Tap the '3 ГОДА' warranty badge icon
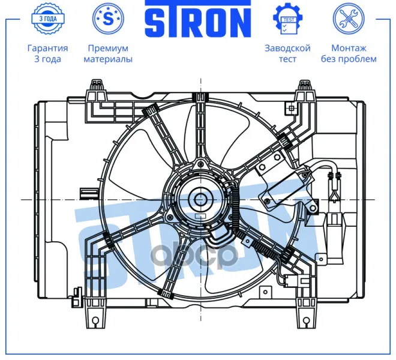(48, 19)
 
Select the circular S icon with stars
(109, 19)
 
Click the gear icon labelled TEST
(287, 19)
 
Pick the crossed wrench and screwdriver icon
(349, 19)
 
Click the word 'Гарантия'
(48, 48)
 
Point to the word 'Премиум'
(108, 48)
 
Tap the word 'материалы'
(108, 59)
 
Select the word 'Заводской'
(287, 48)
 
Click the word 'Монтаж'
(349, 48)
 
